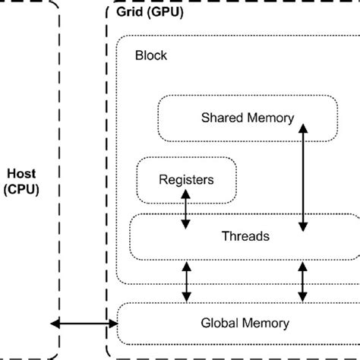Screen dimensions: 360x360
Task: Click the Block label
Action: pos(150,55)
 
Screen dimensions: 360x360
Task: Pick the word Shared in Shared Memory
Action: pos(220,118)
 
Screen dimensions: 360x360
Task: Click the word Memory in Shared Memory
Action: pos(263,118)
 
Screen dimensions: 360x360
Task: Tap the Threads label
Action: pos(245,236)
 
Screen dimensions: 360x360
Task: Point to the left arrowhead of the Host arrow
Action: pos(54,324)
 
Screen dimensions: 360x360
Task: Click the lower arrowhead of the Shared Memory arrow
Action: pos(304,226)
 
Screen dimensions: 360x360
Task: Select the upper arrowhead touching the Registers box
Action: pos(185,193)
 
